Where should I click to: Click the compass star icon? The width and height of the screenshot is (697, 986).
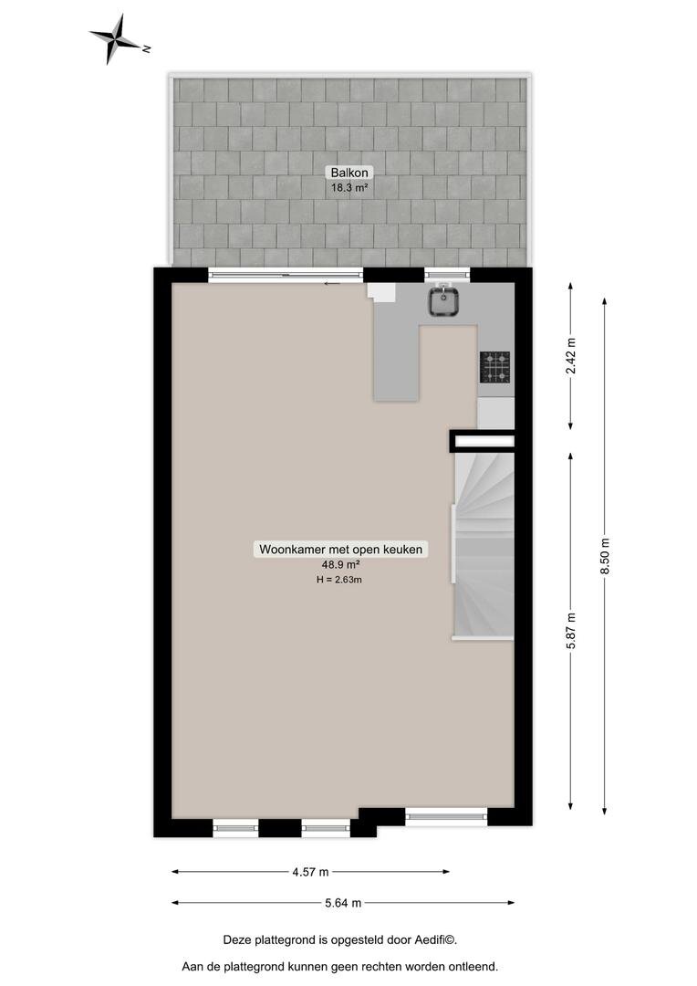click(114, 39)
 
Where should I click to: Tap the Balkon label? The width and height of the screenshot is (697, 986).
click(349, 173)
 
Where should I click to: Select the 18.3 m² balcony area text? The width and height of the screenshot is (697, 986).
click(349, 187)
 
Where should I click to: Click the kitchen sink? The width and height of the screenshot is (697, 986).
click(445, 300)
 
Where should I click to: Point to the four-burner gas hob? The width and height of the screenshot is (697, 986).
click(496, 367)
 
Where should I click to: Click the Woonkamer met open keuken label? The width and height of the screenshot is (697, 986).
click(340, 549)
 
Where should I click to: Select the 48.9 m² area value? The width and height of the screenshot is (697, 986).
click(340, 565)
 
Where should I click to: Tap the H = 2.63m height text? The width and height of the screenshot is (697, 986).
click(339, 580)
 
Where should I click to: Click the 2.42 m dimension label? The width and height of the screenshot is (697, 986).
click(571, 356)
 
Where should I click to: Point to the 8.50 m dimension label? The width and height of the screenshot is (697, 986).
click(605, 556)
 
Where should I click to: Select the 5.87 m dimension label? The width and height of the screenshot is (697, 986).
click(571, 631)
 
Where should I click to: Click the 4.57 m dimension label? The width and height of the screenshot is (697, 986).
click(310, 872)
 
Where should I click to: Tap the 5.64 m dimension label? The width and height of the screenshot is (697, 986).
click(343, 903)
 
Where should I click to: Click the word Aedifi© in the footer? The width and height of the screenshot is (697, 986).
click(435, 940)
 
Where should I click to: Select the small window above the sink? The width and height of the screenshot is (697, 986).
click(447, 274)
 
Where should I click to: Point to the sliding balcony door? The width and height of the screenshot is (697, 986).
click(286, 275)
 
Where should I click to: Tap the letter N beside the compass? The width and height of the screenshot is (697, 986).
click(147, 47)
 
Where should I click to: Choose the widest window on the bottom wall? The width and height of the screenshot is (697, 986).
click(446, 816)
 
